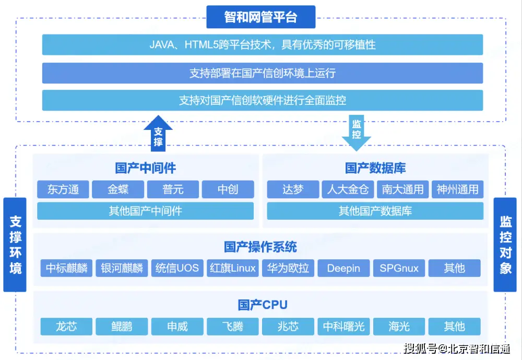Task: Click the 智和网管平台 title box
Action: (x=261, y=17)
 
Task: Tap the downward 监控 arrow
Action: (x=357, y=131)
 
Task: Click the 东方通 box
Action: (x=63, y=189)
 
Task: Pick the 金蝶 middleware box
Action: (x=118, y=189)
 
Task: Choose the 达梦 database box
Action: (x=293, y=189)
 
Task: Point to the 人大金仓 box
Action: (x=348, y=189)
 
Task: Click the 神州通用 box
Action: (x=457, y=189)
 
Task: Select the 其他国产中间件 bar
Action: (x=145, y=211)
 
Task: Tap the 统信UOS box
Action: (x=177, y=268)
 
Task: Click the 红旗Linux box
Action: (x=233, y=268)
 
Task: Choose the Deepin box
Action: (x=343, y=268)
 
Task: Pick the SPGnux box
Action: (x=399, y=268)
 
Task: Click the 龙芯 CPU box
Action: (x=66, y=327)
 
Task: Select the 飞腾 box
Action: (x=233, y=327)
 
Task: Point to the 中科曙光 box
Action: (x=343, y=327)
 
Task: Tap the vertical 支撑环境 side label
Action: (x=15, y=245)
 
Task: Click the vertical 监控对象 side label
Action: (x=505, y=245)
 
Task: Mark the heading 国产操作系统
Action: (x=260, y=246)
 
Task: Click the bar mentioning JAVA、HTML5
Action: (x=262, y=45)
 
